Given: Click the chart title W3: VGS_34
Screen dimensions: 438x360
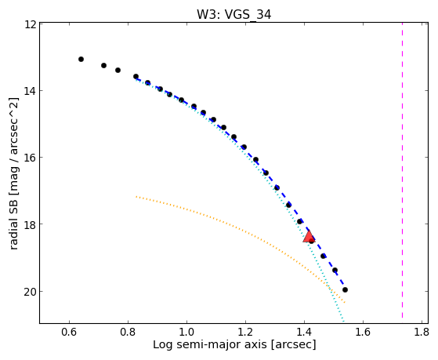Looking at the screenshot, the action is coord(233,15).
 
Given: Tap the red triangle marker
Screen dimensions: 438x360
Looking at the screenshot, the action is coord(309,237).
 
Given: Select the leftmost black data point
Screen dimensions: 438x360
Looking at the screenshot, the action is coord(81,59).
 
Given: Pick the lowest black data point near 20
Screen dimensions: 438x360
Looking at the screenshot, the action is coord(345,289).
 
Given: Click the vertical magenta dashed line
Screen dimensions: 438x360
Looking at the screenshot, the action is coord(402,170).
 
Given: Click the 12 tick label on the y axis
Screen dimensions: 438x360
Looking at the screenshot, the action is coord(31,24).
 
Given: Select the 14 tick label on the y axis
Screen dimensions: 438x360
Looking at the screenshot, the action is coord(31,91).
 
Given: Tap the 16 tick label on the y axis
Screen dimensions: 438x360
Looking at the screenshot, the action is coord(31,157).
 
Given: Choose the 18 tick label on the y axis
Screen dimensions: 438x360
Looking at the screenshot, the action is coord(31,224).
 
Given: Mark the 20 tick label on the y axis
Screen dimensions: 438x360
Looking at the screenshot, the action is coord(31,291).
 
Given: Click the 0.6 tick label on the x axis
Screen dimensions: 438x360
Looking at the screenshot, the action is coord(69,332).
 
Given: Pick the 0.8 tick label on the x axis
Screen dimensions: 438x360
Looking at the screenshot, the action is coord(128,332).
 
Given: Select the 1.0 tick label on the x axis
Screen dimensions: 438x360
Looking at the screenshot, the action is coord(186,332).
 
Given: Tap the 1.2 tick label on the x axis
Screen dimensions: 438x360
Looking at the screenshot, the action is coord(245,332).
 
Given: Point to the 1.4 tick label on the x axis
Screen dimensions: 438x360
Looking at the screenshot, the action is coord(304,332).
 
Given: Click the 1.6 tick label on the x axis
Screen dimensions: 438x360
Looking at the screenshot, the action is coord(363,332).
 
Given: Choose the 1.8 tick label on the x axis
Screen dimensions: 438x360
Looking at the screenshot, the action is coord(422,332).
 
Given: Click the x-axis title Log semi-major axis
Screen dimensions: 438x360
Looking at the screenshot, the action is coord(209,344).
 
